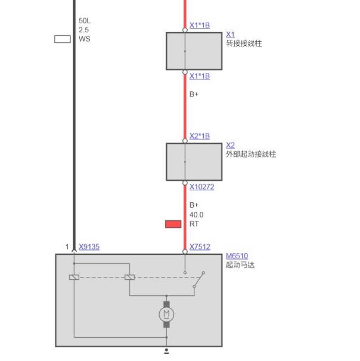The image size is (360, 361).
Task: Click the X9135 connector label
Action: point(89,247)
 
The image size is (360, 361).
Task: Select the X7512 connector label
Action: point(200,247)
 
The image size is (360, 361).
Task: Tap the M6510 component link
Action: point(237,256)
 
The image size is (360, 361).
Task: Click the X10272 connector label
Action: point(201,187)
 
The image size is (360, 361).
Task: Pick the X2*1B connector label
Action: point(200,136)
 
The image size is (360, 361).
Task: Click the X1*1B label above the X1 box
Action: point(200,25)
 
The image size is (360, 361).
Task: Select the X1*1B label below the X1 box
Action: point(200,76)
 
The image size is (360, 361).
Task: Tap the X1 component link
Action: point(230,35)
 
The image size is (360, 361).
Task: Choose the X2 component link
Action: point(230,145)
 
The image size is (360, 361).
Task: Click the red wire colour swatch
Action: point(173,224)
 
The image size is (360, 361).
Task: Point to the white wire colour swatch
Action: point(63,39)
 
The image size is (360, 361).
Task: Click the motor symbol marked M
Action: point(166,314)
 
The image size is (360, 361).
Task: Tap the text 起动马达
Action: point(240,265)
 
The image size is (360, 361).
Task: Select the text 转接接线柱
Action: point(244,44)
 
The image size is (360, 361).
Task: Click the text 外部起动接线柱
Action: point(251,154)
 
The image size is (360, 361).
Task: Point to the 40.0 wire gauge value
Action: point(197,215)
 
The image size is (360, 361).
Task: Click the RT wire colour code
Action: point(194,224)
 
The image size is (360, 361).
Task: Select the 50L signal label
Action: point(85,21)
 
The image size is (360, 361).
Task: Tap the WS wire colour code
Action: point(84,39)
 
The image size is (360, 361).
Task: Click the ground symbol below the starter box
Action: point(166,351)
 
